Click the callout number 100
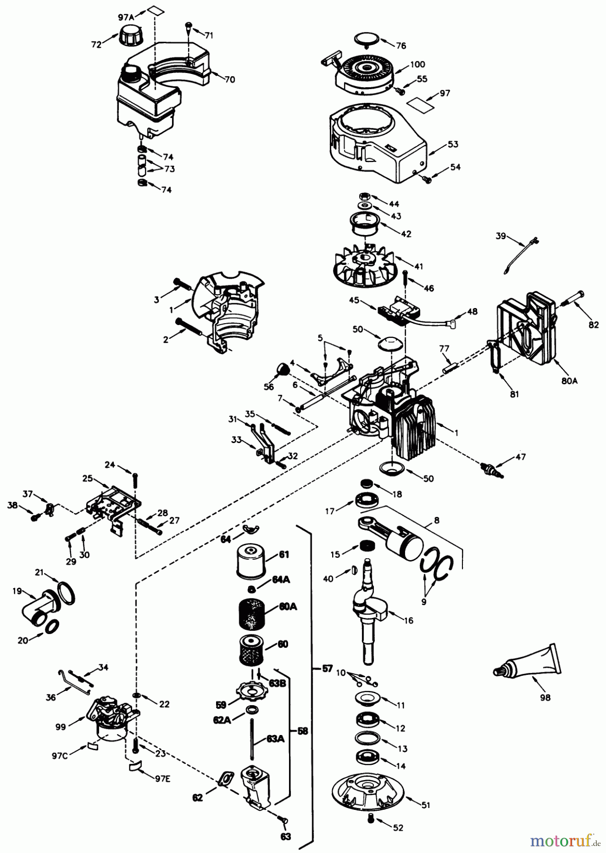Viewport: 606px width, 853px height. [x=417, y=64]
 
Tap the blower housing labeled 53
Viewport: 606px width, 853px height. [x=374, y=142]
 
